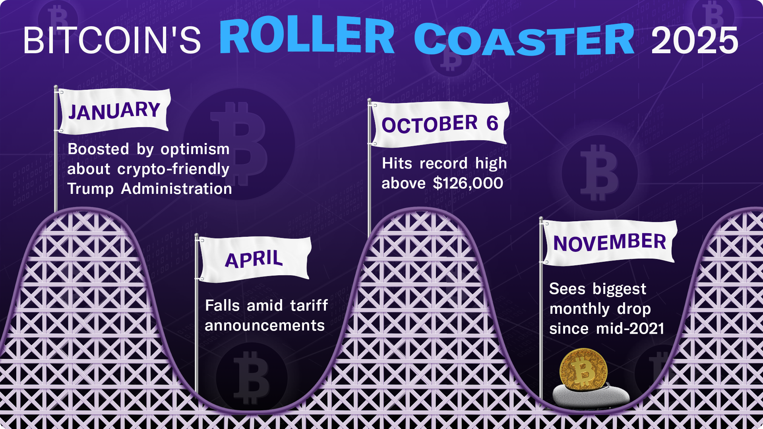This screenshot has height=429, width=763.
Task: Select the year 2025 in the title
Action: click(694, 40)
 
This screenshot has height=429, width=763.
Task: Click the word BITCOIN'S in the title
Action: click(112, 40)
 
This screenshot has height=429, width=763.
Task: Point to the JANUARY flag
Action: click(114, 110)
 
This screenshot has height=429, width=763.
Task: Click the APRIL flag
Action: click(254, 259)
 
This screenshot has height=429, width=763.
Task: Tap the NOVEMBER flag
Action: click(609, 242)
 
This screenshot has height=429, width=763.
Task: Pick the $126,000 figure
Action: click(468, 184)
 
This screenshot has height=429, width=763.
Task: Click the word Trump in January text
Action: click(90, 189)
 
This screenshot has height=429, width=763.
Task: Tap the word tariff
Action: click(309, 306)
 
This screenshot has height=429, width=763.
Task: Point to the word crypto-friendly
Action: click(173, 169)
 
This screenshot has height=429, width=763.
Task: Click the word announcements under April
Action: click(265, 326)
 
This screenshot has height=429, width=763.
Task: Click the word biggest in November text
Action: click(619, 289)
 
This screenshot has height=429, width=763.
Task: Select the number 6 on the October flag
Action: click(492, 123)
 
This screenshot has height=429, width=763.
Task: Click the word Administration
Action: click(176, 189)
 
